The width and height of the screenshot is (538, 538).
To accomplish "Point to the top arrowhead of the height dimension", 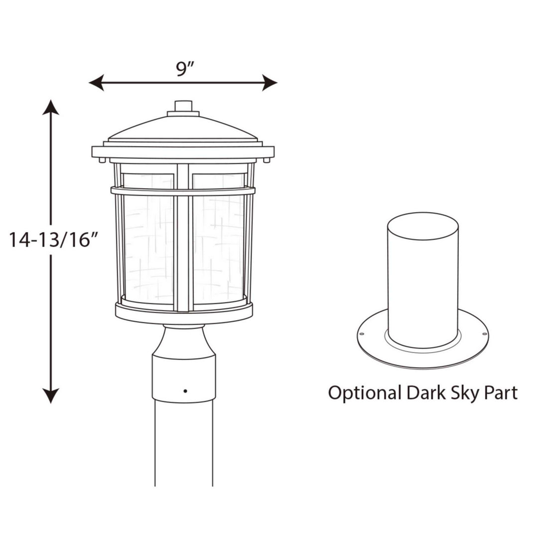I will [51, 107].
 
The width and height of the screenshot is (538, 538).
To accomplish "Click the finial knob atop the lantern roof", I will [183, 106].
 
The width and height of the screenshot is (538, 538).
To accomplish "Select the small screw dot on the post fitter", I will [185, 391].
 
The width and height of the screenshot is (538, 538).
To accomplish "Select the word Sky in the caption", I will [464, 393].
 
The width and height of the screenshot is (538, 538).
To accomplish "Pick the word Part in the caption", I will [500, 393].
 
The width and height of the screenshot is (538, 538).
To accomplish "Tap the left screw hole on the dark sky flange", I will [362, 334].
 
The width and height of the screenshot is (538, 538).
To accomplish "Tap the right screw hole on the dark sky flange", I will [484, 333].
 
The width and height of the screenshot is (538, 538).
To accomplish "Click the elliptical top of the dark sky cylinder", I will [423, 226].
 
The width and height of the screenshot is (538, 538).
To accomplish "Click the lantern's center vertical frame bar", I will [183, 239].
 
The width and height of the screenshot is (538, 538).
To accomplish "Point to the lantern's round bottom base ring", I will [184, 314].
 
